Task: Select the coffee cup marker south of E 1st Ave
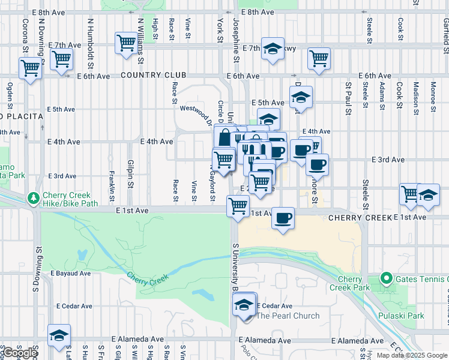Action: tap(283, 218)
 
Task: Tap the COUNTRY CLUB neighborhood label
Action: tap(153, 76)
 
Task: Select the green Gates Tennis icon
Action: tap(387, 278)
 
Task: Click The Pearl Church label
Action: tap(288, 316)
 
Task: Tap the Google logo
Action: tap(19, 353)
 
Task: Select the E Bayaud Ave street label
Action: tap(70, 274)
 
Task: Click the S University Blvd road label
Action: tap(234, 264)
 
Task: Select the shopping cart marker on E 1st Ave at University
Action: tap(238, 206)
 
